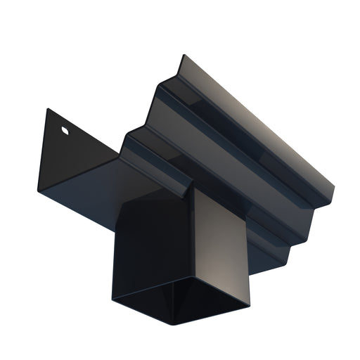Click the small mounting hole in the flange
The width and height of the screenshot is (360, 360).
[65, 130]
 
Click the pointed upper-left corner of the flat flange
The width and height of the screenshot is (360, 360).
[46, 109]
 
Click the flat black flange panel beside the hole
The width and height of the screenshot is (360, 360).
[77, 158]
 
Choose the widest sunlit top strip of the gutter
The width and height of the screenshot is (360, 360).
[253, 120]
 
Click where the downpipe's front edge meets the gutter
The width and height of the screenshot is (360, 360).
[191, 190]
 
